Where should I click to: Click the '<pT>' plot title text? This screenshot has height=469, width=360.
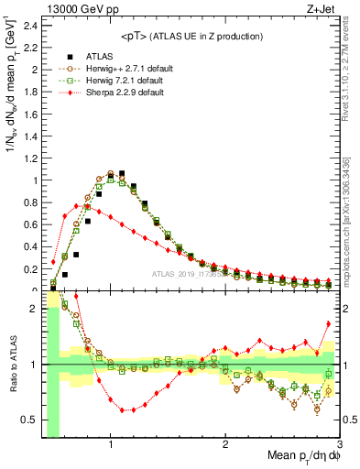187,36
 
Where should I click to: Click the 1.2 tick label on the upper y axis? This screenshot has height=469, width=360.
27,158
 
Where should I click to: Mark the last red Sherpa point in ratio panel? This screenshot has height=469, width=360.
329,323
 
